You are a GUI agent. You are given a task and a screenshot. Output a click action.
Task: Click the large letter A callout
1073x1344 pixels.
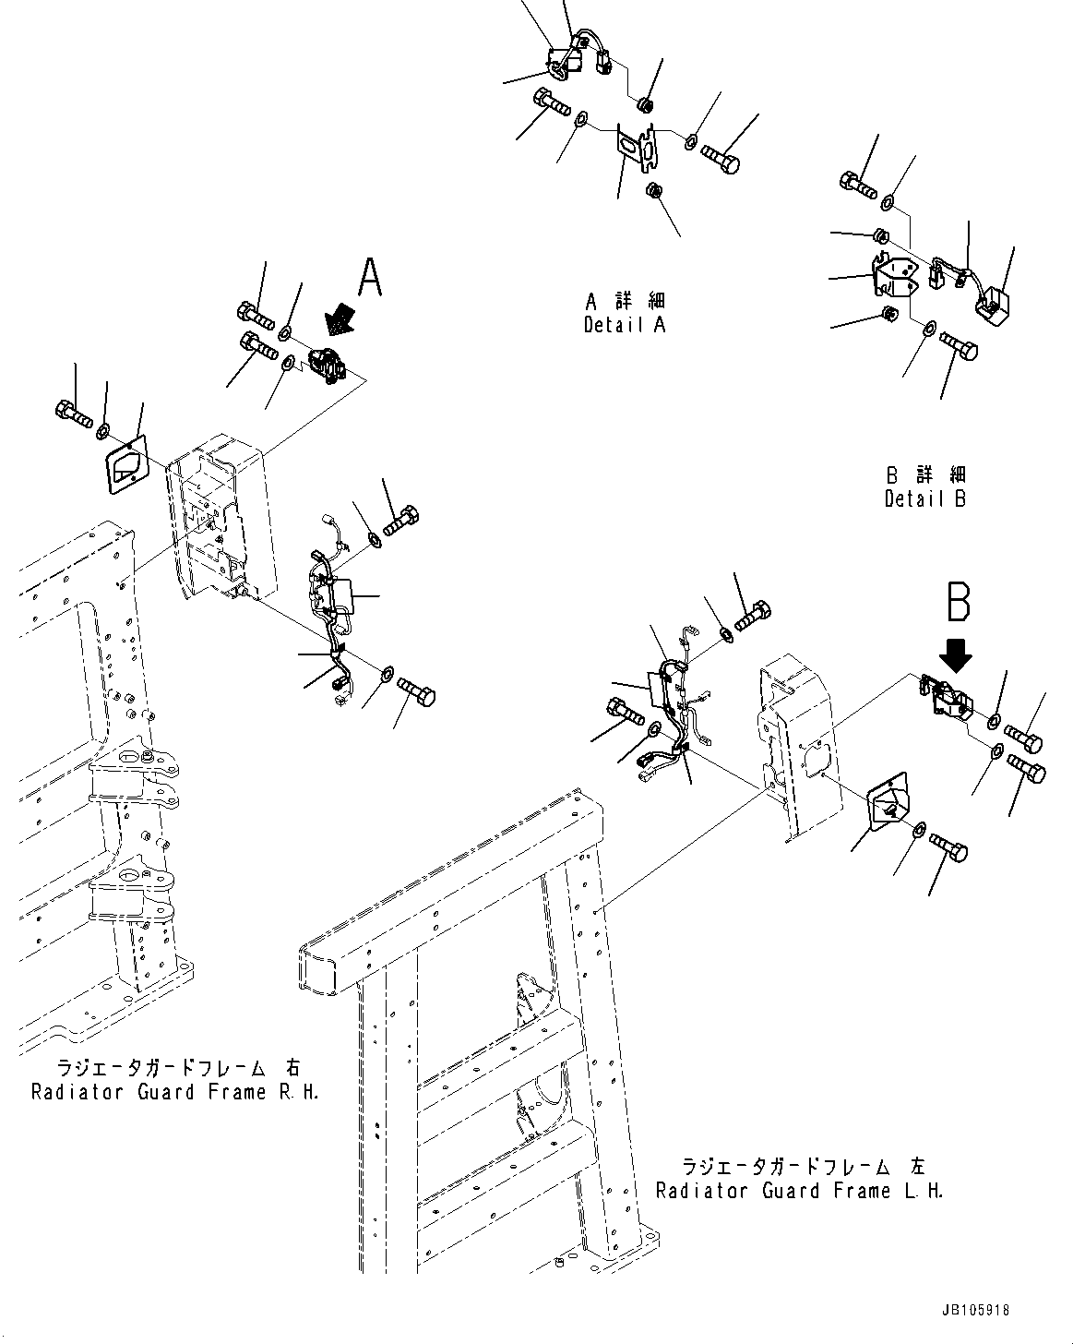[x=370, y=277]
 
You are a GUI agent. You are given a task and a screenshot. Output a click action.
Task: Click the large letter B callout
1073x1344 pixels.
[x=958, y=601]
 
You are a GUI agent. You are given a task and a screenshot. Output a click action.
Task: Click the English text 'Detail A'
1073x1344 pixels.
[x=624, y=325]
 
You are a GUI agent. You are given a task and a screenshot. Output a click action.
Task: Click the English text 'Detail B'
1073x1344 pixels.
[x=925, y=499]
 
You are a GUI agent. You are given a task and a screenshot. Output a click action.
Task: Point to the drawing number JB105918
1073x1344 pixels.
[x=976, y=1310]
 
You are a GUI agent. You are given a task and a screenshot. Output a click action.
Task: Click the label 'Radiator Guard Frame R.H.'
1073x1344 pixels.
[x=175, y=1092]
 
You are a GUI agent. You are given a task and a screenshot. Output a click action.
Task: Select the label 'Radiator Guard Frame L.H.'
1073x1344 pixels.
[x=799, y=1191]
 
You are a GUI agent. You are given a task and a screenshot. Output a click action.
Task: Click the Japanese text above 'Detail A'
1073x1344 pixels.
[x=625, y=301]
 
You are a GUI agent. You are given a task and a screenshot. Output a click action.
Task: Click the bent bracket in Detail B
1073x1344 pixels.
[x=894, y=276]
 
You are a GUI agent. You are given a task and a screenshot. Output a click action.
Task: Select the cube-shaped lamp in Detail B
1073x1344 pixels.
[x=994, y=306]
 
